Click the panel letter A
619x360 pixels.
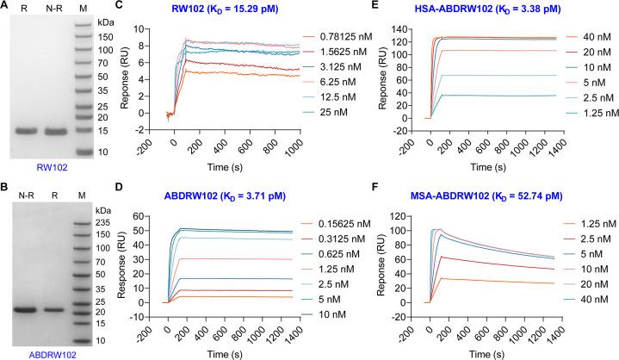[x=7, y=7]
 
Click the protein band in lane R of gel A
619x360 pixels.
[x=28, y=131]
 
